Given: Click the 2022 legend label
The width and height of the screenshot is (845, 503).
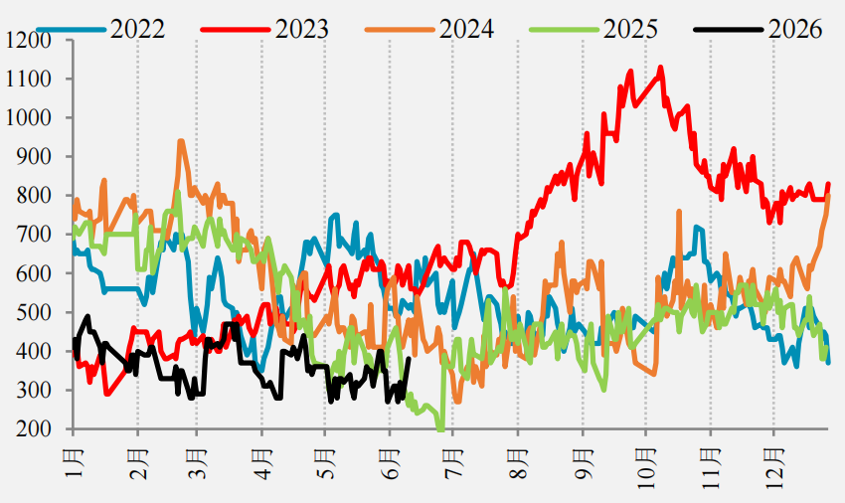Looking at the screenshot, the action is click(x=137, y=29).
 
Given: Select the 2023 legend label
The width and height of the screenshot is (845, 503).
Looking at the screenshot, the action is click(x=302, y=29).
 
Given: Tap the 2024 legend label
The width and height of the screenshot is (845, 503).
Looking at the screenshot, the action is click(x=466, y=29).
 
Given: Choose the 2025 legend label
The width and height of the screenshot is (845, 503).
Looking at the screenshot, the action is click(x=630, y=29).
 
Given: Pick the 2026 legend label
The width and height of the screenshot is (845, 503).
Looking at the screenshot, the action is click(x=795, y=29).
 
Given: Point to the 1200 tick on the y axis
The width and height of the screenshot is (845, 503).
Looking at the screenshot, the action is click(x=27, y=41).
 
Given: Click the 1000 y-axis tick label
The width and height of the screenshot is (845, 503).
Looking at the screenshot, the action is click(x=29, y=118).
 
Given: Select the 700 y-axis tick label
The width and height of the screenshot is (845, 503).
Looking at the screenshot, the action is click(x=34, y=235).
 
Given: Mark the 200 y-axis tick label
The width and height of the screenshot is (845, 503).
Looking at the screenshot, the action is click(x=34, y=429).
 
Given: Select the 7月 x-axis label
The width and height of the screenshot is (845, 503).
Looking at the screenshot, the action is click(x=453, y=463).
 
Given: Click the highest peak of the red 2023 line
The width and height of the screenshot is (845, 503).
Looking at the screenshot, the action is click(x=661, y=68).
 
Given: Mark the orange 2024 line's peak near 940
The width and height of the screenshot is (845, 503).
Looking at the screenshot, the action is click(x=181, y=141).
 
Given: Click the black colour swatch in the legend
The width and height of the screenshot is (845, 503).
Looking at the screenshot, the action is click(x=728, y=29).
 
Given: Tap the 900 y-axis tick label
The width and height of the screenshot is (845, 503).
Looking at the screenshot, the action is click(x=34, y=157).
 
